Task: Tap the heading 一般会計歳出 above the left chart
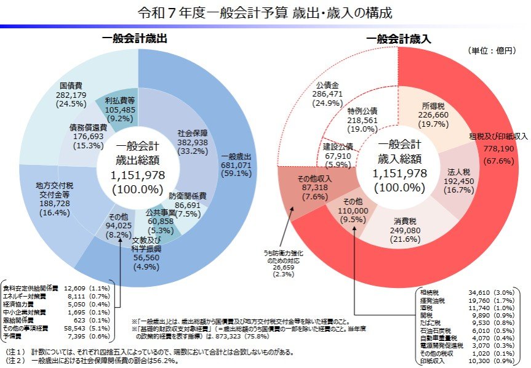(135, 38)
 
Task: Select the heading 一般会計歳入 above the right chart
(398, 39)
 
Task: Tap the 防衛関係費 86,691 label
(188, 204)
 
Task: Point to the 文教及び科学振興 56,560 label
(146, 249)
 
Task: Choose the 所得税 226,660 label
(433, 114)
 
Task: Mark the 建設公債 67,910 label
(337, 156)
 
